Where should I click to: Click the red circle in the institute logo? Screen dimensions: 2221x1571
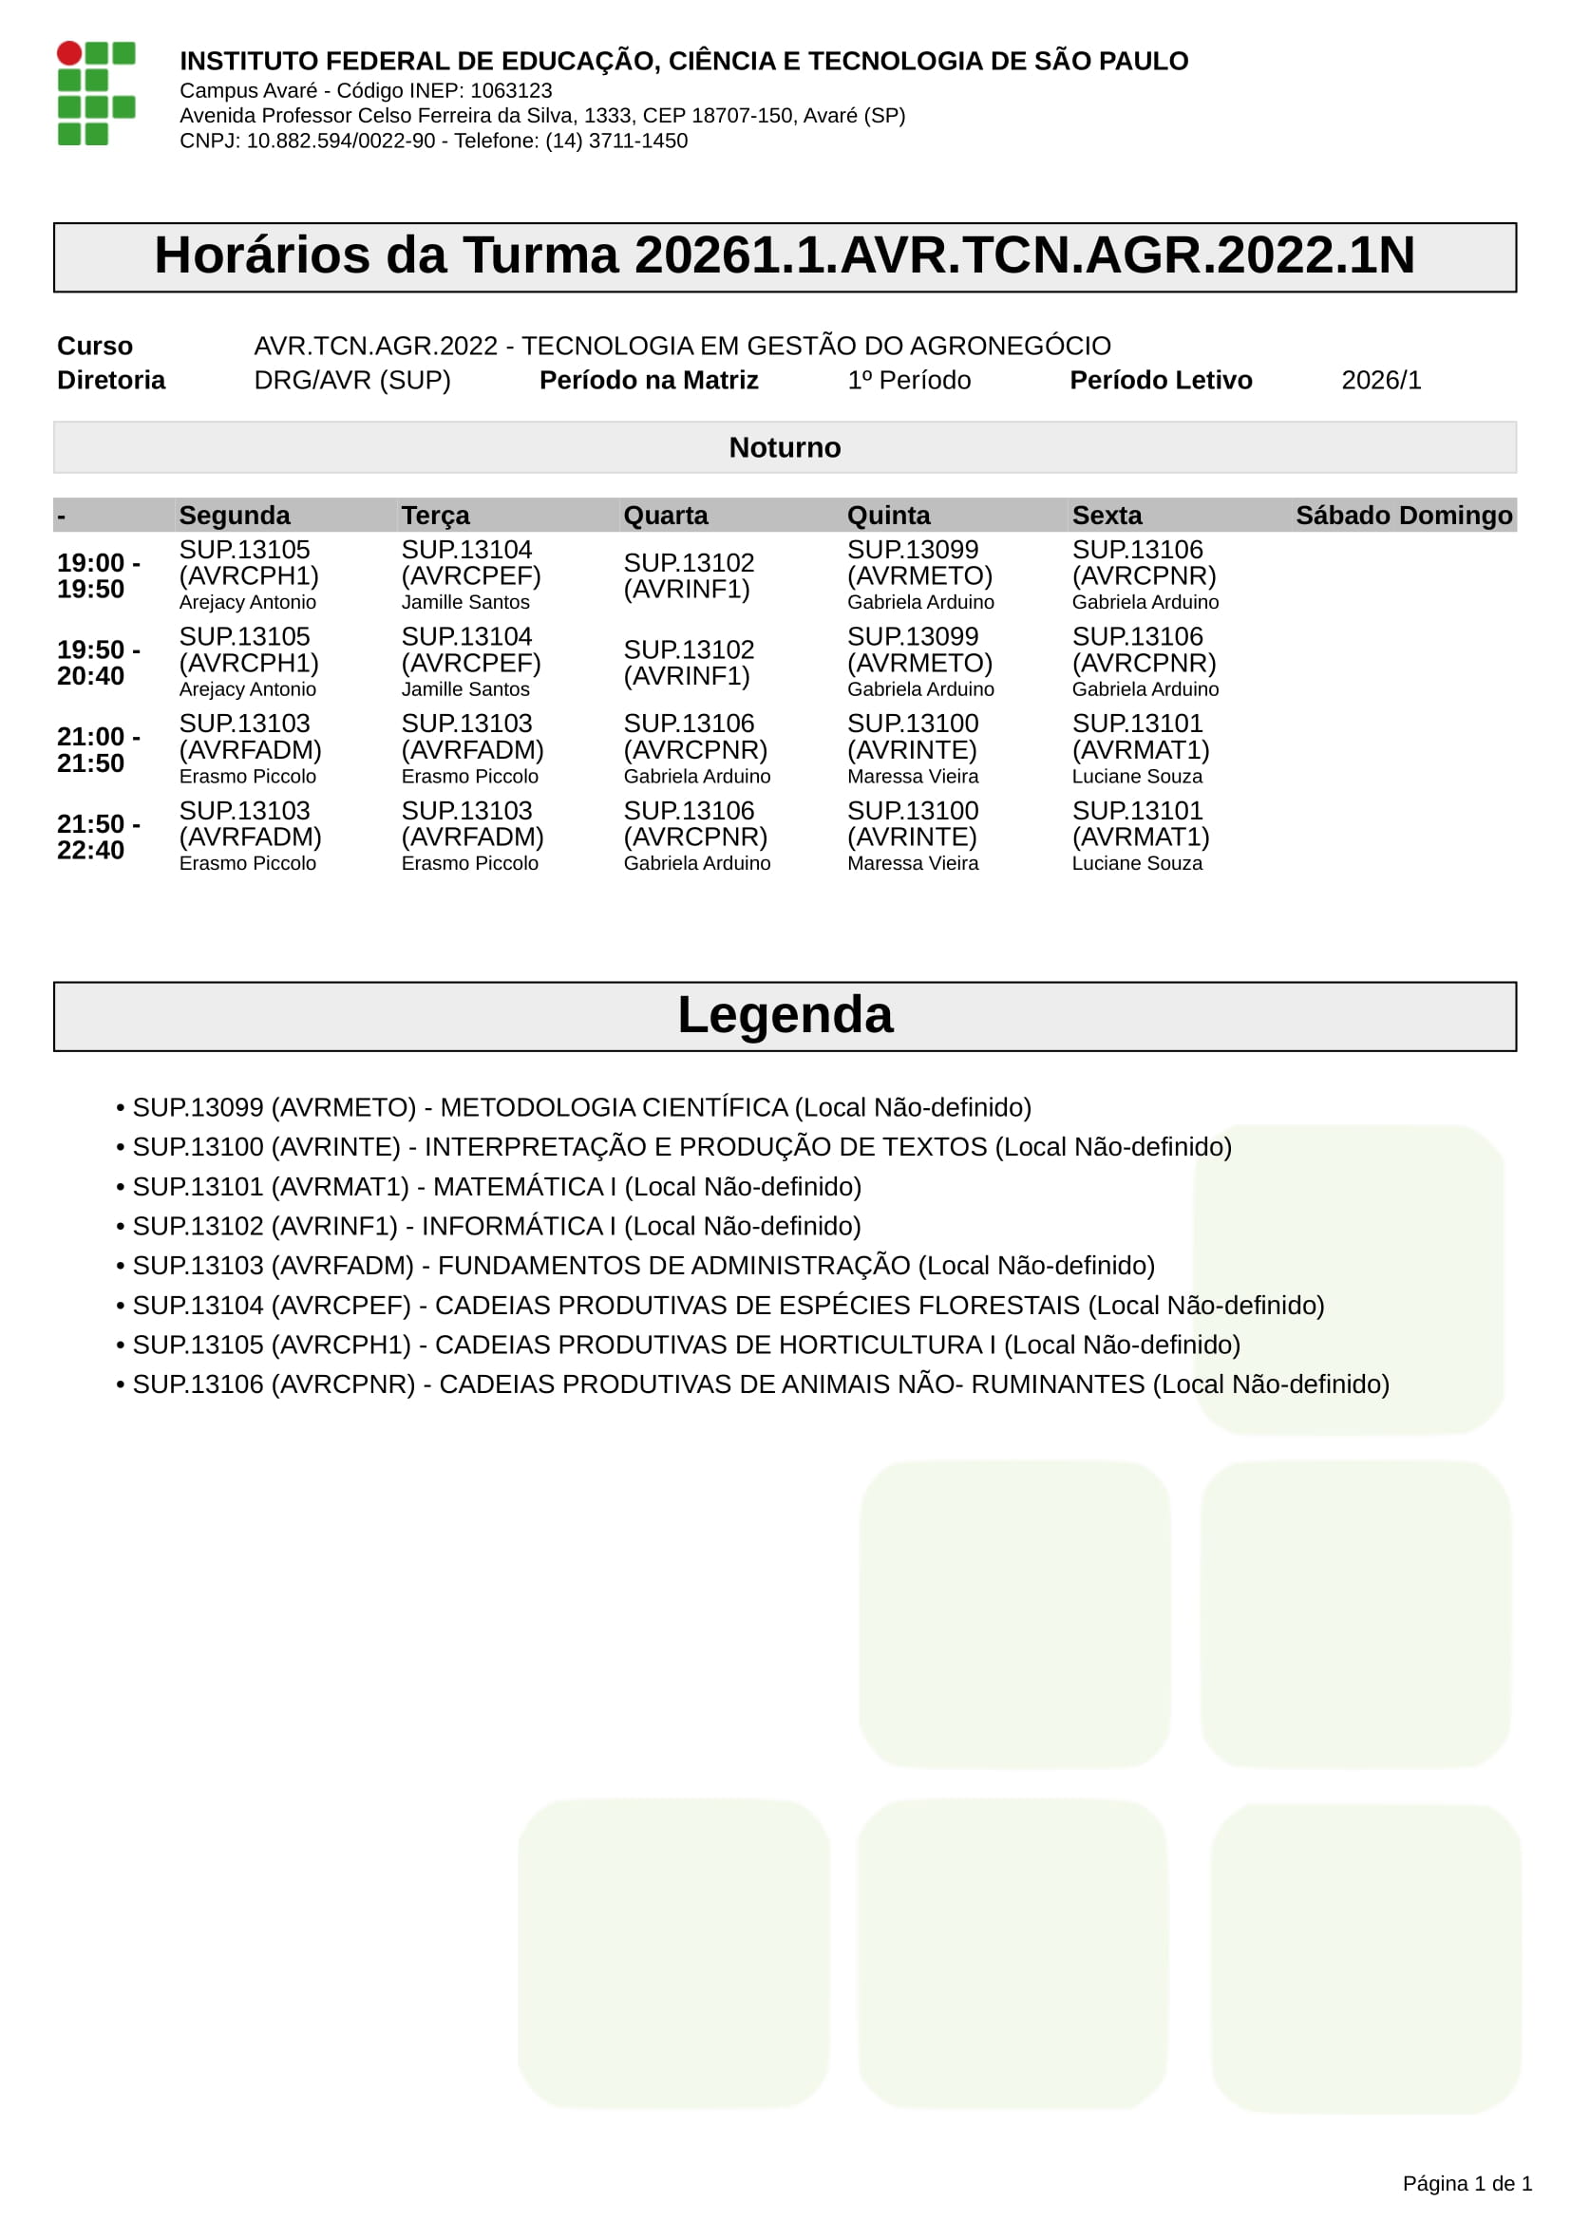pos(69,53)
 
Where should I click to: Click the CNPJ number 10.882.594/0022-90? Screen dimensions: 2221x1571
pos(341,141)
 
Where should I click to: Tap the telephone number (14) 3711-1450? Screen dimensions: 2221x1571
pos(616,141)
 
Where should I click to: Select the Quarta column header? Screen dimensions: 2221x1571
pos(666,516)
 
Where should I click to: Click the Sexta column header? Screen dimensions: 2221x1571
pos(1107,516)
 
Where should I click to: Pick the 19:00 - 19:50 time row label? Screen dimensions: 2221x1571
pos(98,575)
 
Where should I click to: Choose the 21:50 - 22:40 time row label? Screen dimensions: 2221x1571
pos(98,837)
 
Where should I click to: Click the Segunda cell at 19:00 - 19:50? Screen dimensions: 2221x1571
pos(249,575)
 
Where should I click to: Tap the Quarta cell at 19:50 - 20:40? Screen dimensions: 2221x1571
pos(689,663)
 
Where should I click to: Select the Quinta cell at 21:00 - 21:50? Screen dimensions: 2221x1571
pos(912,750)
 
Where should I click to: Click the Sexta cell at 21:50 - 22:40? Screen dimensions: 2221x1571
pos(1141,837)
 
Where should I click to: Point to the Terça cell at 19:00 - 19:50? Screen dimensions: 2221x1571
pos(471,575)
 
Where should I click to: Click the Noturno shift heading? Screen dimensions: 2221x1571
pos(785,448)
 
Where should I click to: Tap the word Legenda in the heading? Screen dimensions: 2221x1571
pos(785,1015)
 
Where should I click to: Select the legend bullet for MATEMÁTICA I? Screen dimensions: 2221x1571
pos(120,1188)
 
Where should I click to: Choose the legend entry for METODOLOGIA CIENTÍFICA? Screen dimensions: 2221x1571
pos(581,1107)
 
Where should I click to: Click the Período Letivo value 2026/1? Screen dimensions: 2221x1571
pos(1380,380)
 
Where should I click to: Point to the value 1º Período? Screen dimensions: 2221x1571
pos(908,380)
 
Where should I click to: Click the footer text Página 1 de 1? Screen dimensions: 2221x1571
pos(1467,2183)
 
